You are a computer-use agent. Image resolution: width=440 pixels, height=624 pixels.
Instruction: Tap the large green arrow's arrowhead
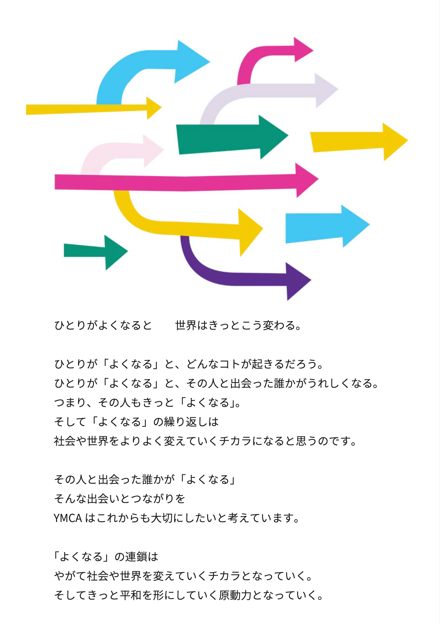[272, 136]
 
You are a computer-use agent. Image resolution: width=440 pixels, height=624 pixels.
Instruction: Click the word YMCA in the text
[68, 518]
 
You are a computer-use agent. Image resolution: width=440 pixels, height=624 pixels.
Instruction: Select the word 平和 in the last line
[131, 595]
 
